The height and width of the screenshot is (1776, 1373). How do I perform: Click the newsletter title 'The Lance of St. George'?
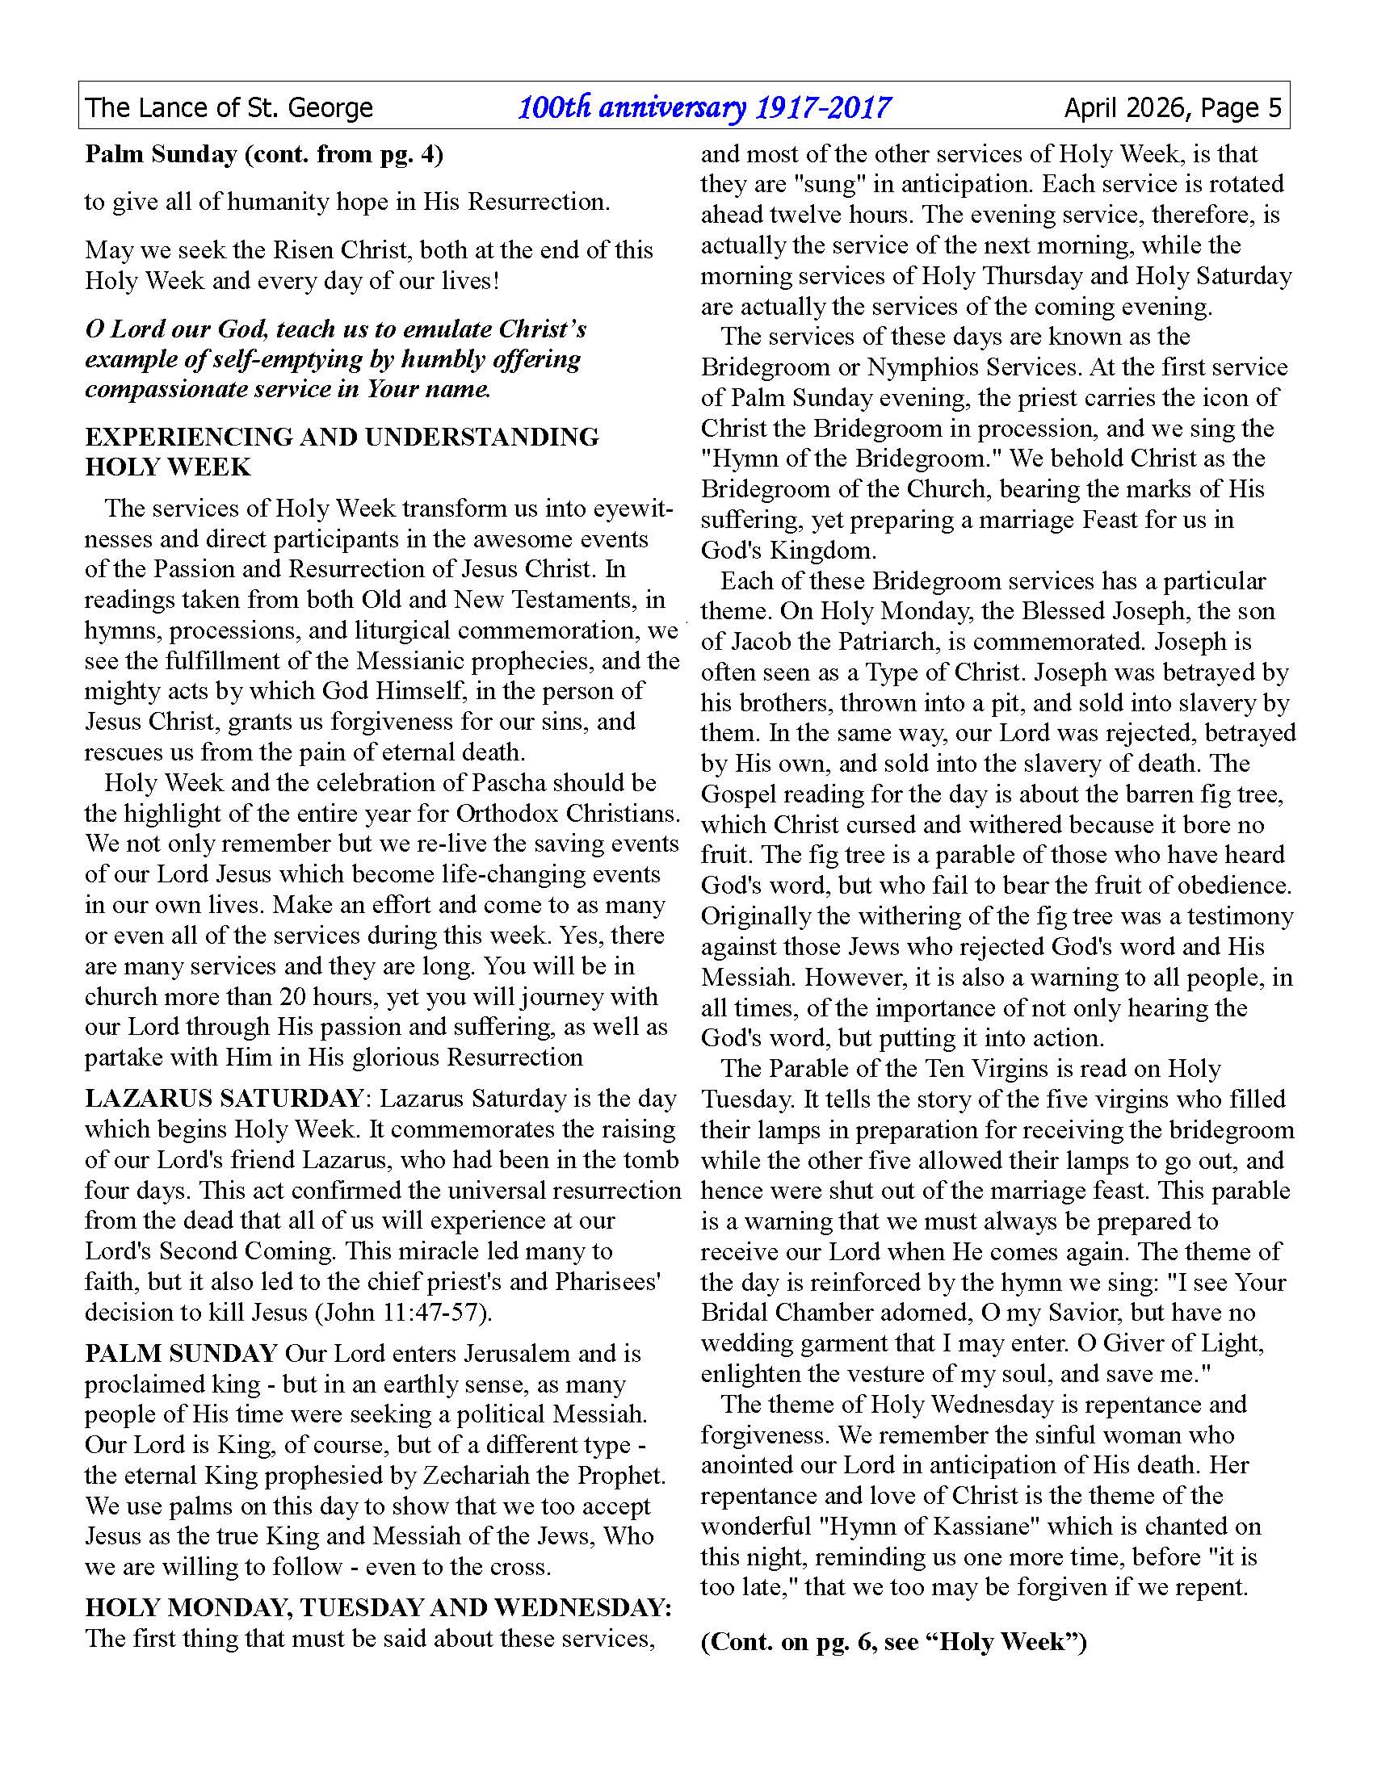pos(229,107)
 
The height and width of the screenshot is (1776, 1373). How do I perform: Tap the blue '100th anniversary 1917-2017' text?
pos(704,107)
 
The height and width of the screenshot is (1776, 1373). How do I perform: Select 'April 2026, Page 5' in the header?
pos(1172,107)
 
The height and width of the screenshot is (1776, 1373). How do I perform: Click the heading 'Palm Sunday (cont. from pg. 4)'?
pos(264,154)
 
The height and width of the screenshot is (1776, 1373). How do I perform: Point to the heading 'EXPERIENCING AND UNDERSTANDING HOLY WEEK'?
pos(342,451)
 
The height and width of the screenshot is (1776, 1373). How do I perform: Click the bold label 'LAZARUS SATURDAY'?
pos(224,1099)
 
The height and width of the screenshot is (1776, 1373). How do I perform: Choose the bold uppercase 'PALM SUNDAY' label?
pos(182,1354)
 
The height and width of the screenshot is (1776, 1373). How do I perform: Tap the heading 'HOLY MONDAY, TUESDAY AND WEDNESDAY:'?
pos(379,1607)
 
